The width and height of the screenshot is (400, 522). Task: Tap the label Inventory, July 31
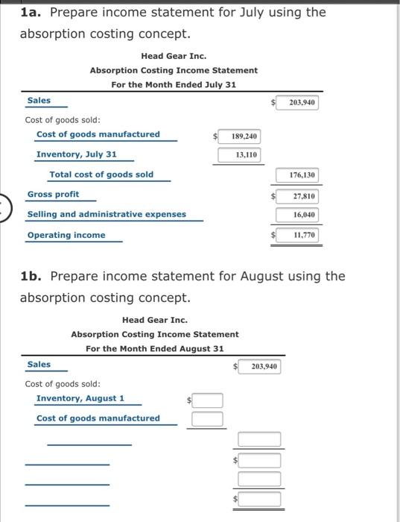click(77, 154)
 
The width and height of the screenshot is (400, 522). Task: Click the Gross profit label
click(53, 194)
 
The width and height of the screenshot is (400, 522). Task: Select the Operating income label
click(66, 235)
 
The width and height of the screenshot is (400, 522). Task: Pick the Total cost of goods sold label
click(101, 174)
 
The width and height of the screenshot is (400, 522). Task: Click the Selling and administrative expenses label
click(107, 214)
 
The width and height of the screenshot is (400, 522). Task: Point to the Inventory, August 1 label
click(80, 398)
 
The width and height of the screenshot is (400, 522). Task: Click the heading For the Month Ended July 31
click(174, 84)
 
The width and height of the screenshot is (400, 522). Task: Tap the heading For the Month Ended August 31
click(154, 348)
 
